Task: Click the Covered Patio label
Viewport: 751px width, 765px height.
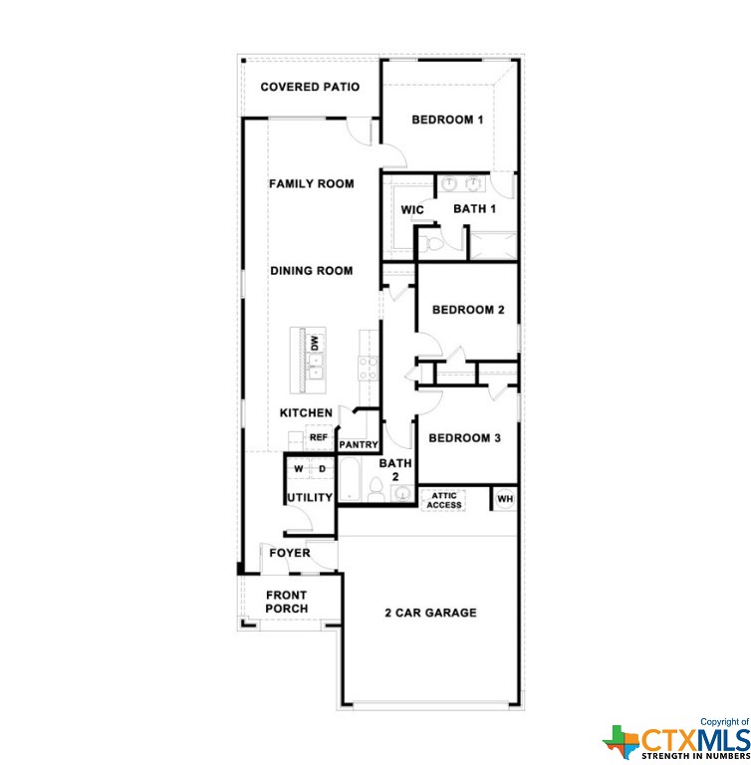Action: tap(310, 87)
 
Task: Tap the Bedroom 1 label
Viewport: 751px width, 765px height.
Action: tap(447, 120)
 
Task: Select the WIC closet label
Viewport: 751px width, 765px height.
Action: tap(412, 210)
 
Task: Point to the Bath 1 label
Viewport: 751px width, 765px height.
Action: tap(475, 209)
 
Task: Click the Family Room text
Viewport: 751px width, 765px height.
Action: tap(312, 184)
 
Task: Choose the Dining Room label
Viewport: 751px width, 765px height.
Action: tap(312, 271)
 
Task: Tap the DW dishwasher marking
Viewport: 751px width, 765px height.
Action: tap(315, 343)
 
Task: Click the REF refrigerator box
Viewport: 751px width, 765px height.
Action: tap(319, 437)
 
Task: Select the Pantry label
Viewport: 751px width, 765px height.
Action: tap(359, 445)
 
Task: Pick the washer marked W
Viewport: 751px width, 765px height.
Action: tap(299, 469)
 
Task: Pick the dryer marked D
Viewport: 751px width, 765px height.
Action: tap(322, 469)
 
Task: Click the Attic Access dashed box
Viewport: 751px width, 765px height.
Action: tap(443, 501)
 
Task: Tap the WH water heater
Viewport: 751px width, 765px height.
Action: tap(505, 499)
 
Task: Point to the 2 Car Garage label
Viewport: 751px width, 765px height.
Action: tap(430, 613)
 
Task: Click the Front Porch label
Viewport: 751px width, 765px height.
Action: tap(287, 602)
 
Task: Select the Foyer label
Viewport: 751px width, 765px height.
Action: tap(290, 553)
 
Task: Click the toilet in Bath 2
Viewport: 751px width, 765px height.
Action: tap(375, 490)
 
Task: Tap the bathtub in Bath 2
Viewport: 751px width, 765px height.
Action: tap(350, 479)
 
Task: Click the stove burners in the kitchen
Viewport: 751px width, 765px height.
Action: tap(368, 369)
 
